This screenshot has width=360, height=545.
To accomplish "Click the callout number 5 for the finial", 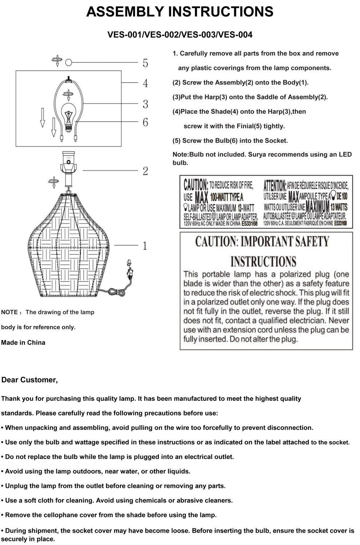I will click(x=145, y=63).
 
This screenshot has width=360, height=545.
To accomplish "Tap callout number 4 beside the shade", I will click(x=145, y=83).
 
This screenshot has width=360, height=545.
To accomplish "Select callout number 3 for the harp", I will click(x=145, y=104).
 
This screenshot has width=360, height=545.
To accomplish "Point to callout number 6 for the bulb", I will click(x=145, y=122).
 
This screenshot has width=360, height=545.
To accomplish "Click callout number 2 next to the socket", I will click(x=145, y=171).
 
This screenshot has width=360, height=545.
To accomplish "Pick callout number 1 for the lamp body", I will click(x=145, y=246).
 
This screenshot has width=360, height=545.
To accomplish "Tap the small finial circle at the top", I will click(x=68, y=63).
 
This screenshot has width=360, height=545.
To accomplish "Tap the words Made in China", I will click(x=23, y=342).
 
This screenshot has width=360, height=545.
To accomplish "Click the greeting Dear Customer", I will click(x=29, y=380).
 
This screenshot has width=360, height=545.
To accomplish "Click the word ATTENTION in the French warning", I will click(x=275, y=186).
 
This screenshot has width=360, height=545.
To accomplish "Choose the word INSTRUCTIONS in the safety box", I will click(x=263, y=261).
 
